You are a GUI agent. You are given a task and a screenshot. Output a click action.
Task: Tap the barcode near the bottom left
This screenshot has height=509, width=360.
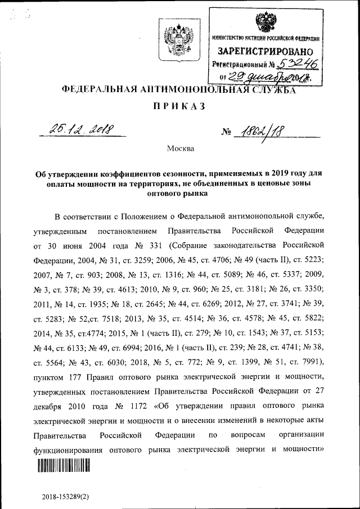coord(64,465)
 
